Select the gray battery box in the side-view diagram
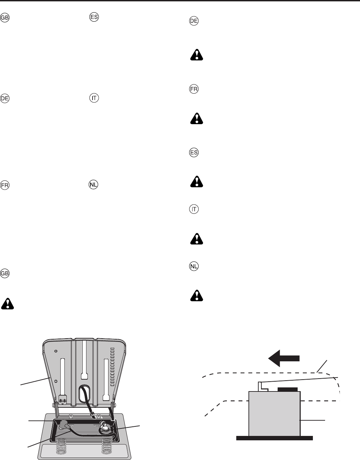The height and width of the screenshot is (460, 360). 274,414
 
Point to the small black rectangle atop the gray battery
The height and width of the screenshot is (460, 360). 287,389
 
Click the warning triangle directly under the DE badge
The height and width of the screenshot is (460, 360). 197,55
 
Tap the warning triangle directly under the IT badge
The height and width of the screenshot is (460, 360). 197,239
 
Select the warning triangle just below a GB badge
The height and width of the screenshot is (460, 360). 8,303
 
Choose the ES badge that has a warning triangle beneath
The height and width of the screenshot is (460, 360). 194,153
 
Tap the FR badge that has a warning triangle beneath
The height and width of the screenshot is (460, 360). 194,90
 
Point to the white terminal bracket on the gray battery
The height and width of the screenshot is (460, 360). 261,386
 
